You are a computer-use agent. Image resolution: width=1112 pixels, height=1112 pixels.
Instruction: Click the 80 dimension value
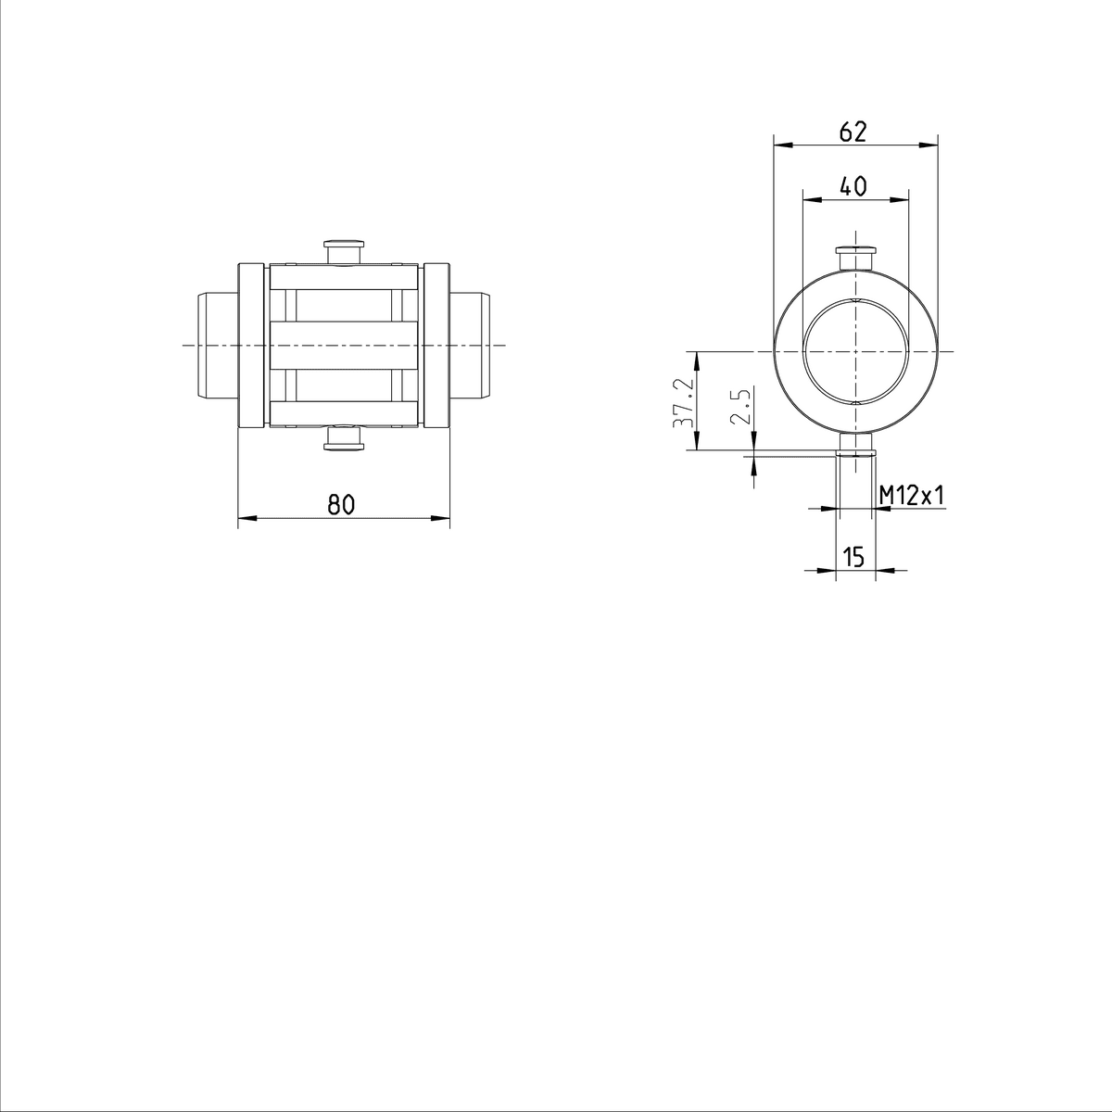(341, 504)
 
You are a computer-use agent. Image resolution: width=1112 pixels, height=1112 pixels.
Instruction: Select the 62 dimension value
(853, 133)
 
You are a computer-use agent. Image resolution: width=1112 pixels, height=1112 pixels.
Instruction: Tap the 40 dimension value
(853, 186)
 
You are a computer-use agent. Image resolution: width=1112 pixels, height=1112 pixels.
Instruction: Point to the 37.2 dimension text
(683, 403)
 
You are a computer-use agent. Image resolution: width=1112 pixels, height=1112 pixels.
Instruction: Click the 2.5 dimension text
(740, 406)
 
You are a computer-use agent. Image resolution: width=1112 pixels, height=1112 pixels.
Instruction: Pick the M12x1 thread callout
(913, 495)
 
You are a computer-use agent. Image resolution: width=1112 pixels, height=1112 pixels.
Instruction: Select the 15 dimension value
(854, 557)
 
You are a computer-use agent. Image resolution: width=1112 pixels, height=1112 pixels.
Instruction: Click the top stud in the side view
(345, 252)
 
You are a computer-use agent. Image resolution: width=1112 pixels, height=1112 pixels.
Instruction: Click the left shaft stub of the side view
(218, 346)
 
